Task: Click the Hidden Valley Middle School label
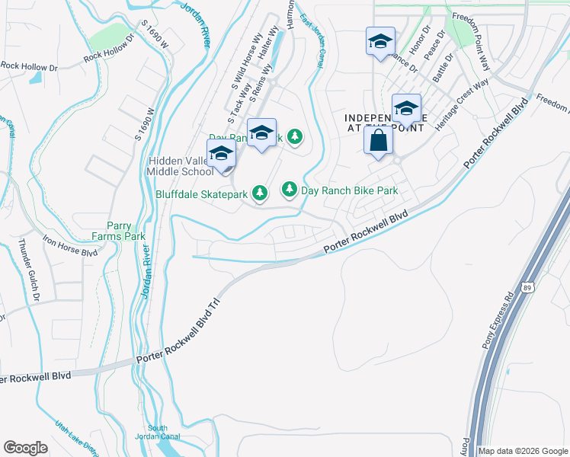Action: tap(181, 166)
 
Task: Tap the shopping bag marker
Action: tap(379, 141)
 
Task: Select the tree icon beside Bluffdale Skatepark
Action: tap(261, 193)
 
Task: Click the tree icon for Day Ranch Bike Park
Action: tap(290, 189)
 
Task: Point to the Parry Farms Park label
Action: tap(125, 232)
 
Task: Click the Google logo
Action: tap(25, 448)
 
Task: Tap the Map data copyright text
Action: tap(522, 451)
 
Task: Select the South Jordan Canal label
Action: tap(158, 433)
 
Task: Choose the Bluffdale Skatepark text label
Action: tap(201, 194)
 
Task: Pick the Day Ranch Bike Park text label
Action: tap(350, 190)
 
